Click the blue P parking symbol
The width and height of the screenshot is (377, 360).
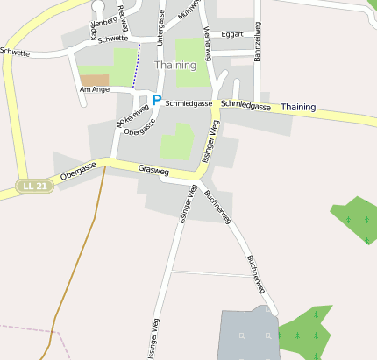click(x=157, y=101)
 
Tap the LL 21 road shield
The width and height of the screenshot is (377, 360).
click(x=35, y=186)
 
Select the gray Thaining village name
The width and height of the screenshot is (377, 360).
click(x=174, y=65)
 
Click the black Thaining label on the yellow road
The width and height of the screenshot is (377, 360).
click(x=297, y=107)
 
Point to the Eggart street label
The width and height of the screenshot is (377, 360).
click(x=232, y=35)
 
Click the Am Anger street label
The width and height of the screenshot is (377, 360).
click(x=95, y=89)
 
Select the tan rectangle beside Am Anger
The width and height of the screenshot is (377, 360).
click(x=94, y=80)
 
